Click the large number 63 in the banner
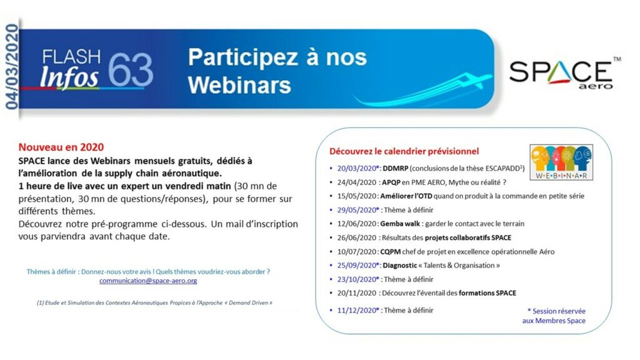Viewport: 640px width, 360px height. [x=131, y=70]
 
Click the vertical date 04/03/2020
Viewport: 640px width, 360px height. [x=12, y=66]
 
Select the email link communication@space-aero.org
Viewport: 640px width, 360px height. [x=148, y=281]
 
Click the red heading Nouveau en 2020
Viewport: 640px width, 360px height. [x=61, y=147]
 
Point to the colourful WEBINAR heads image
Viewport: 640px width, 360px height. [x=561, y=162]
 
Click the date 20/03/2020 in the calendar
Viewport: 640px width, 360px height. [x=357, y=169]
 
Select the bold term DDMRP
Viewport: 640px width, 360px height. [x=395, y=169]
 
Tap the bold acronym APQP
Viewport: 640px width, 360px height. [x=391, y=182]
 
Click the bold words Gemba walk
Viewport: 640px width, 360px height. [x=400, y=224]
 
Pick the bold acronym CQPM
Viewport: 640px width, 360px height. [x=390, y=252]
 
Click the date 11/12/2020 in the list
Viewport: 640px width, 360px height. [x=357, y=311]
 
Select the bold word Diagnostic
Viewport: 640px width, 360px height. [x=399, y=266]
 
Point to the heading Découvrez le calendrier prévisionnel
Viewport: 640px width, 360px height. [x=404, y=151]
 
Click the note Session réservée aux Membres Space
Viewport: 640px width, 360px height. [x=554, y=316]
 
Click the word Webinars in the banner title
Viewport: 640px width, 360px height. [x=239, y=85]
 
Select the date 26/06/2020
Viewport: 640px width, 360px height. [x=357, y=238]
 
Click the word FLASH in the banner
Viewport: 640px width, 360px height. [x=71, y=57]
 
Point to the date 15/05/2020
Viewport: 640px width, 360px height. [x=357, y=196]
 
